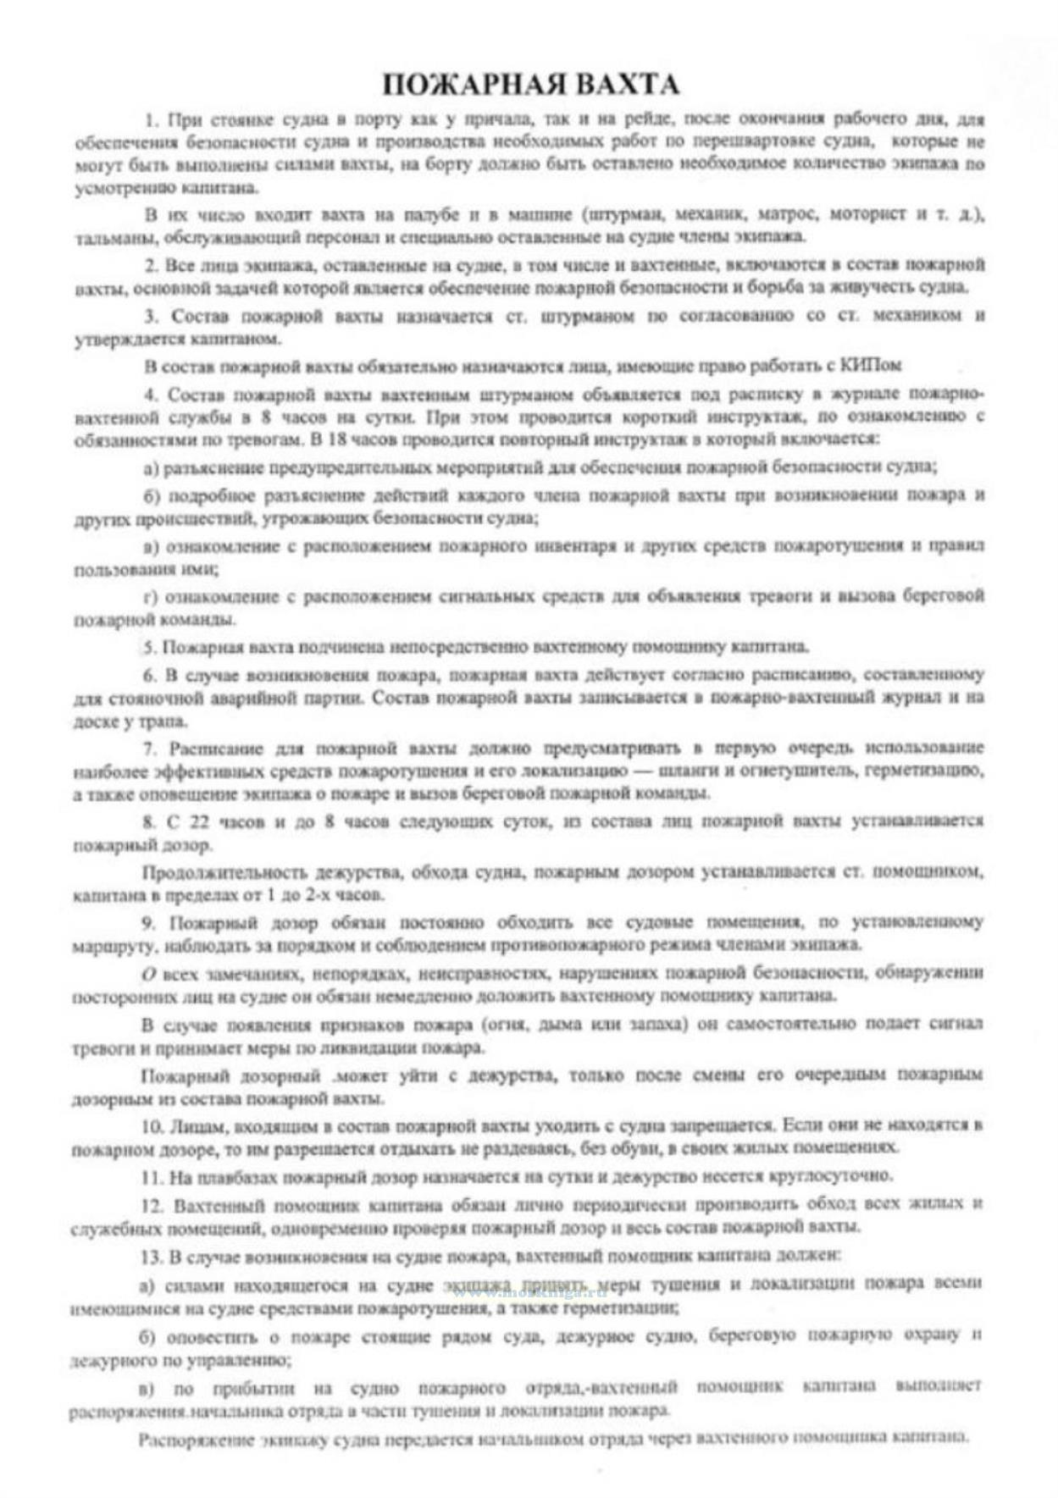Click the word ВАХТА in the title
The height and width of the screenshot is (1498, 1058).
point(628,85)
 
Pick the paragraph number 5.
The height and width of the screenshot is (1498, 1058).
point(149,648)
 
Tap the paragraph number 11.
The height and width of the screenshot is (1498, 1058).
point(152,1177)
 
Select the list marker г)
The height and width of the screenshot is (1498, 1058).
point(150,598)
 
